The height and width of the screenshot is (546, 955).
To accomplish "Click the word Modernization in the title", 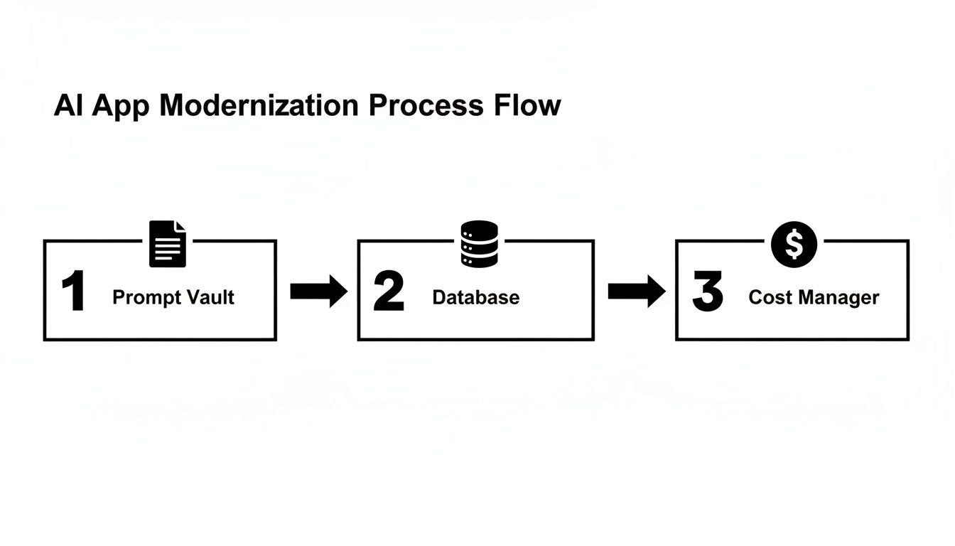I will coord(259,106).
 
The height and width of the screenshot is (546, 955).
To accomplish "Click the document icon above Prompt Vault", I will coord(168,244).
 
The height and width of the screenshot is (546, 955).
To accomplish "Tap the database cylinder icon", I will coord(480,244).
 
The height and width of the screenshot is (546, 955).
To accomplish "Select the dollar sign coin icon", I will coord(794,244).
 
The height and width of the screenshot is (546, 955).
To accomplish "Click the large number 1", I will coord(73,292).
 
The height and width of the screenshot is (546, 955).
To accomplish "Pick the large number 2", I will coord(388,292).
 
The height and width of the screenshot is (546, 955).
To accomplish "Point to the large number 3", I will coord(707,292).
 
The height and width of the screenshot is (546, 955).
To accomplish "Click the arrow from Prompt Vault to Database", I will coord(318,292).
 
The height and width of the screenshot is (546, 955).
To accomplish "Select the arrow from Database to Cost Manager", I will coord(636,292).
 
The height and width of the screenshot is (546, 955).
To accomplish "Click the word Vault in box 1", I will coord(210,297).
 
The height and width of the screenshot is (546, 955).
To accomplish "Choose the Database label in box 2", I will coord(475,297).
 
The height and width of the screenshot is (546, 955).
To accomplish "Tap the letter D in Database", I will coord(438,297).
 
